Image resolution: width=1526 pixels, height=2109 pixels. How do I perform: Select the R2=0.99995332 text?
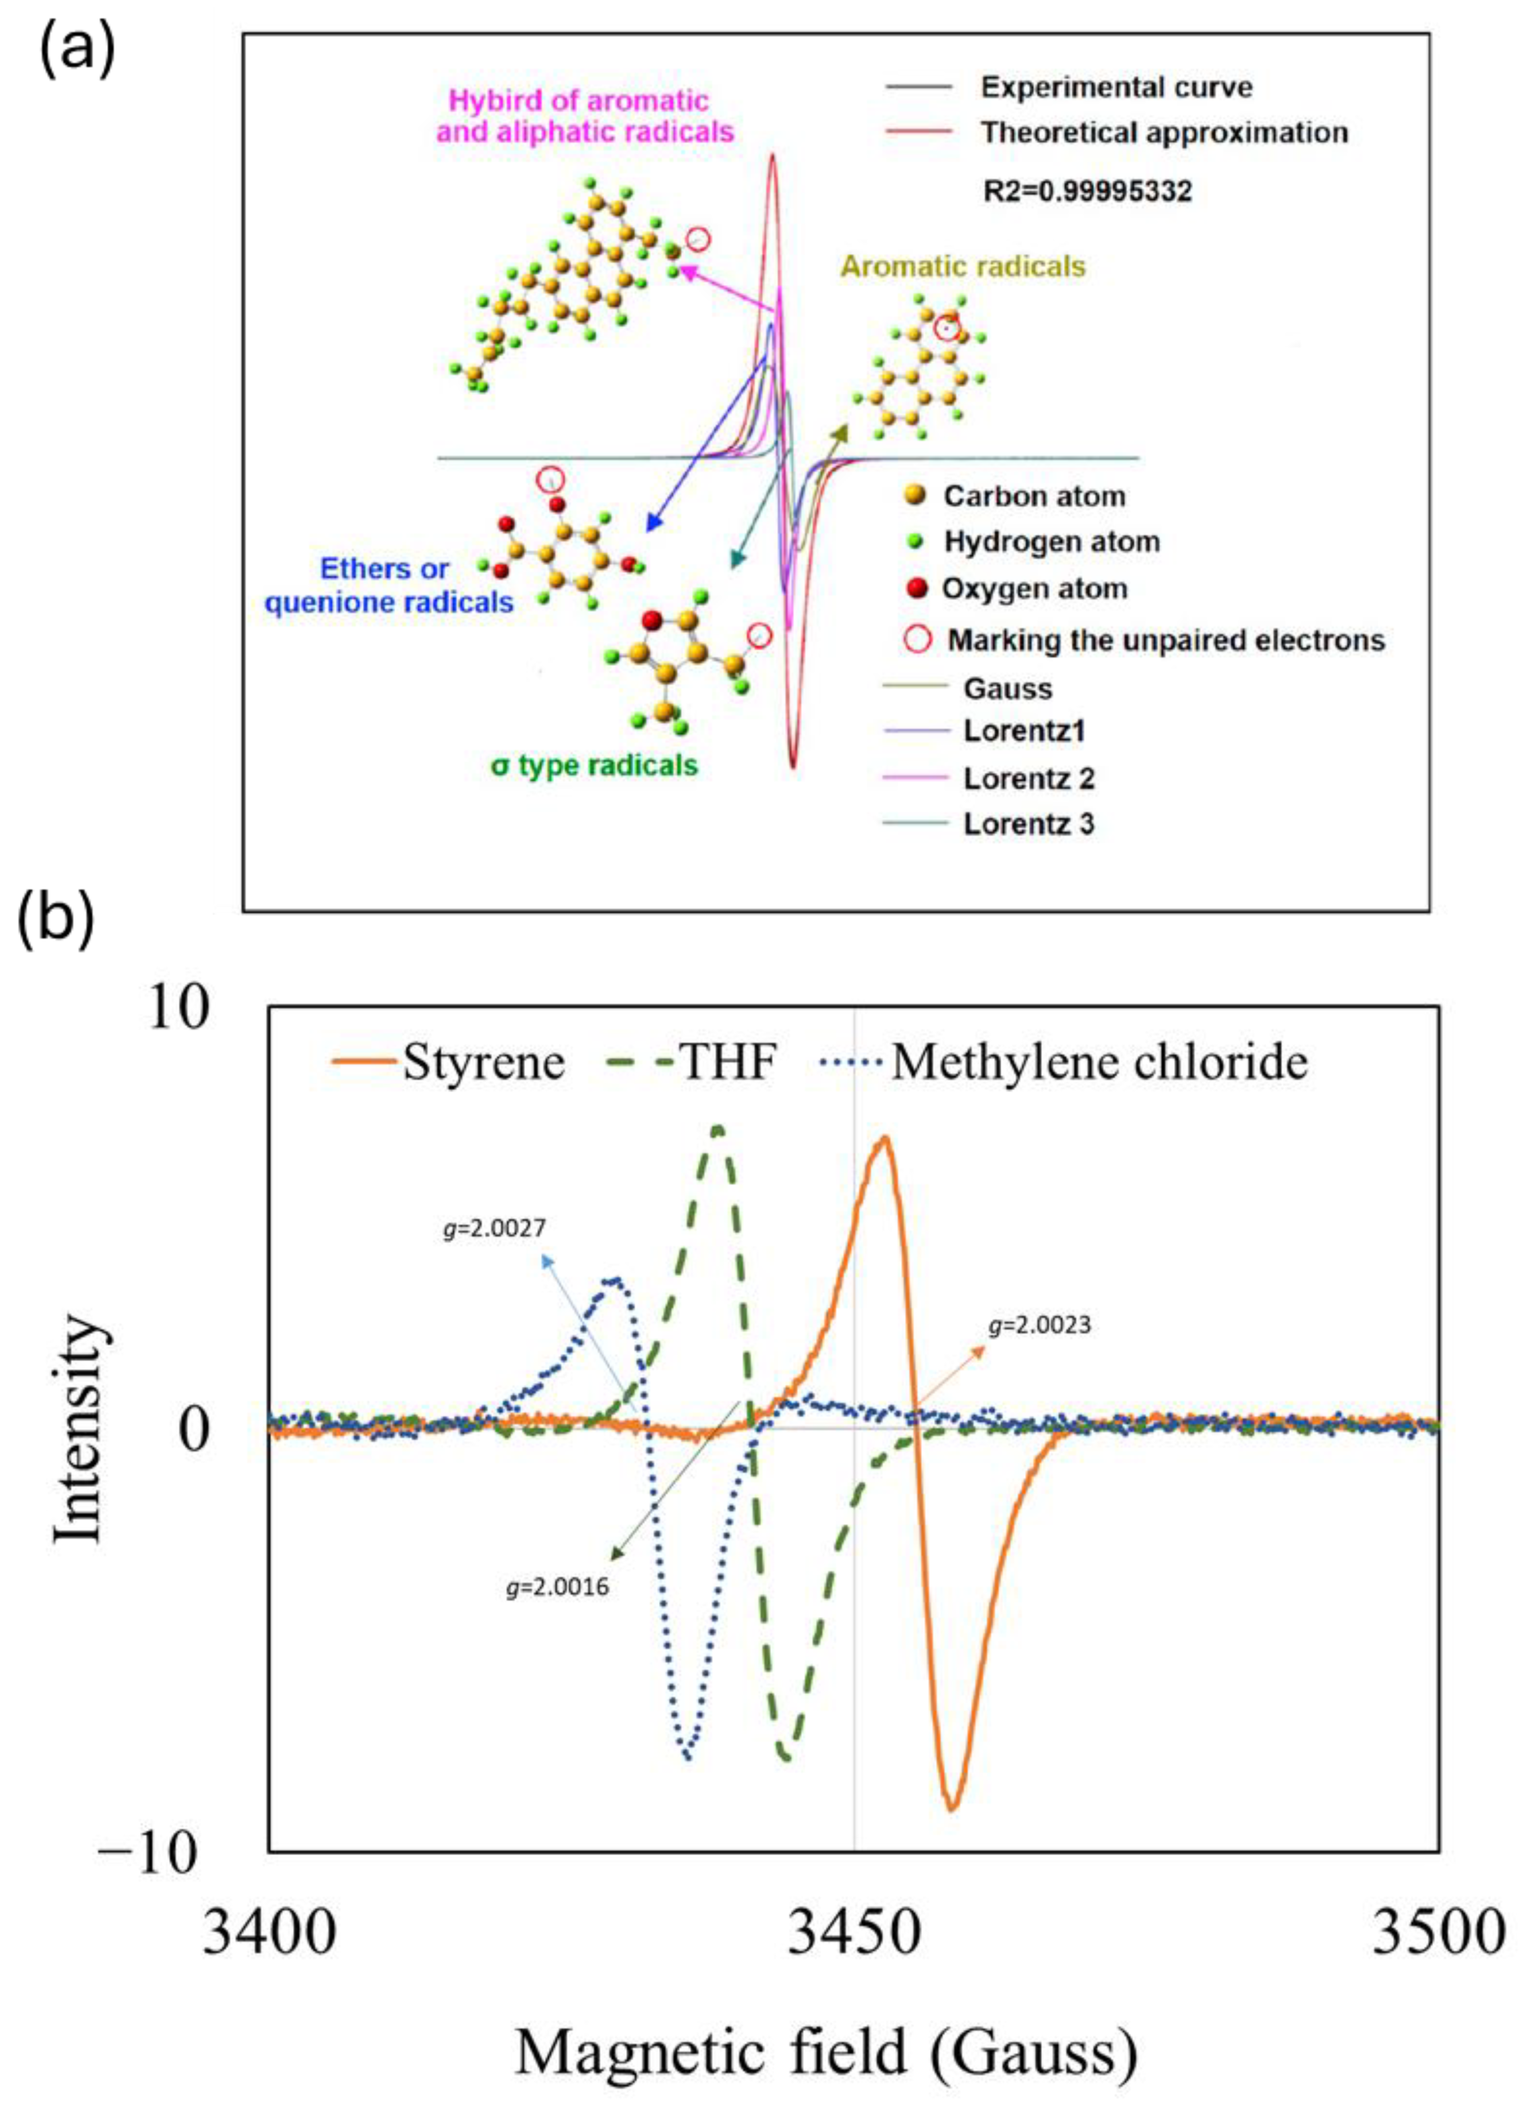pyautogui.click(x=1087, y=192)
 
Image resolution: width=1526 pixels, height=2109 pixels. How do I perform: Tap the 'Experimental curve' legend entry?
pyautogui.click(x=1116, y=87)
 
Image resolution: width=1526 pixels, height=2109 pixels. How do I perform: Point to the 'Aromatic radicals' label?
pyautogui.click(x=963, y=267)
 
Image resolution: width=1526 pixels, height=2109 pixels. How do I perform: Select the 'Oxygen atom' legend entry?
pyautogui.click(x=1034, y=589)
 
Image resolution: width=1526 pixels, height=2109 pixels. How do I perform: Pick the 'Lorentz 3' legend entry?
pyautogui.click(x=1027, y=824)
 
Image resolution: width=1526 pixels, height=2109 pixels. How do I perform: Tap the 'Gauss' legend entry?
pyautogui.click(x=1007, y=689)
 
